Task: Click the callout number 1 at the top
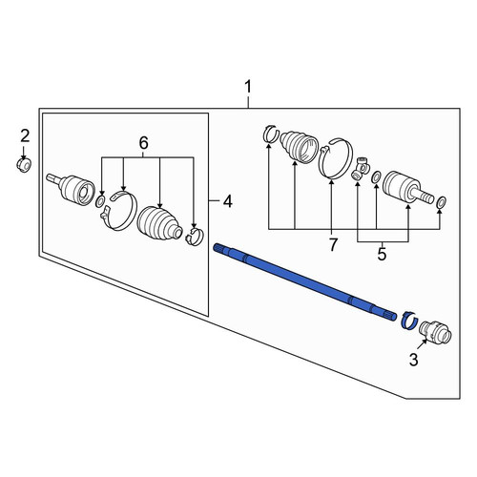pyautogui.click(x=248, y=87)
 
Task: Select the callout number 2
pyautogui.click(x=25, y=136)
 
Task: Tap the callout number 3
pyautogui.click(x=413, y=360)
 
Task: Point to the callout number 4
pyautogui.click(x=227, y=201)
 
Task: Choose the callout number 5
pyautogui.click(x=382, y=255)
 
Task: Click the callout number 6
pyautogui.click(x=144, y=143)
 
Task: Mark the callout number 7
pyautogui.click(x=333, y=245)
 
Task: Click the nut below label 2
pyautogui.click(x=24, y=165)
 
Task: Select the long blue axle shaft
pyautogui.click(x=305, y=281)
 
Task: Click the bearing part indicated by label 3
pyautogui.click(x=435, y=332)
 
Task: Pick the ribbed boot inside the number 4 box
pyautogui.click(x=159, y=223)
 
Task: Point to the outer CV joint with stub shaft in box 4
pyautogui.click(x=72, y=188)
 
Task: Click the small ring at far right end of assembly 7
pyautogui.click(x=442, y=201)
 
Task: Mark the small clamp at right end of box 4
pyautogui.click(x=194, y=236)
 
